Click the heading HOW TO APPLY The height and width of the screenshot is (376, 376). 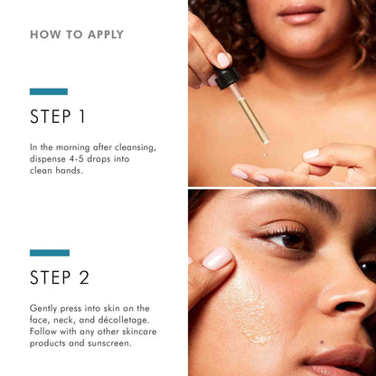[x=77, y=35]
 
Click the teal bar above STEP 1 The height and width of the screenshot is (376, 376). [x=49, y=91]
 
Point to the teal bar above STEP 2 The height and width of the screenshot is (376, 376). [x=49, y=252]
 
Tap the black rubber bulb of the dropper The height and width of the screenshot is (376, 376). [x=226, y=76]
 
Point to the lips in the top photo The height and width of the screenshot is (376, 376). [x=303, y=12]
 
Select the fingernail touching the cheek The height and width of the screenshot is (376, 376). [x=217, y=258]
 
